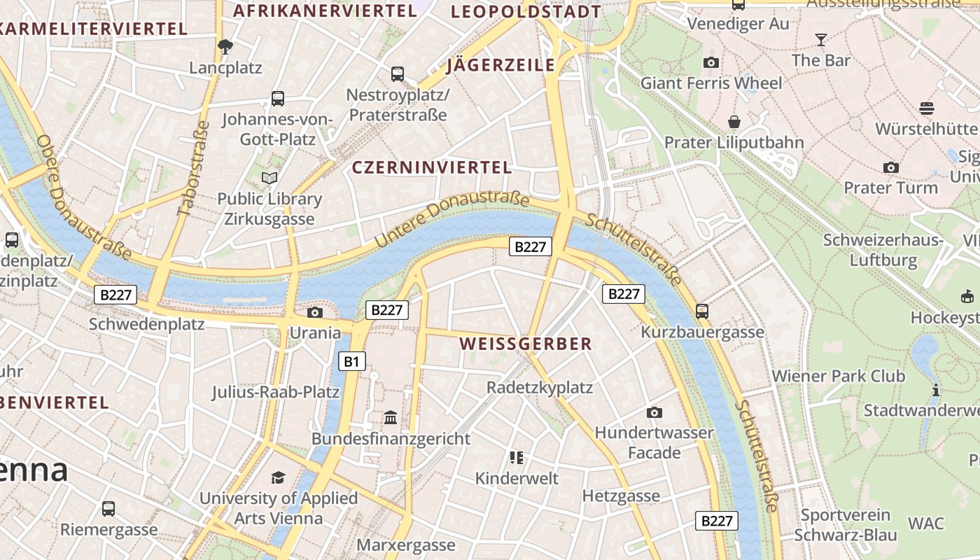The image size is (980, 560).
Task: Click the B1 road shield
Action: [352, 361]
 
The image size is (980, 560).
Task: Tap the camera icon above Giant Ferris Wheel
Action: [711, 62]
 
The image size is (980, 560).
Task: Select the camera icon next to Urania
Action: [315, 312]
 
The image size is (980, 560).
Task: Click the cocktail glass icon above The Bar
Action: [821, 39]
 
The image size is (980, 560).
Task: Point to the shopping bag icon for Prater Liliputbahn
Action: [734, 122]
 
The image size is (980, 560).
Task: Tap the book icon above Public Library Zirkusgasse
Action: [269, 178]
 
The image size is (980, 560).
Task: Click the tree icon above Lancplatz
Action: [225, 47]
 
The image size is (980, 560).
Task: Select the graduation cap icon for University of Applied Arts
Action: [279, 477]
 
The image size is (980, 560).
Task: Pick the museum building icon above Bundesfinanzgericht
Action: [391, 418]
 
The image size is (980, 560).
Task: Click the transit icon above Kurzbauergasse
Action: [702, 311]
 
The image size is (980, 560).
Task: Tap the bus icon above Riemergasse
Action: [108, 508]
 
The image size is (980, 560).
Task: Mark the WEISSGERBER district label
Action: [526, 344]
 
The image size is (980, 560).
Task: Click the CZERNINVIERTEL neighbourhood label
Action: [432, 167]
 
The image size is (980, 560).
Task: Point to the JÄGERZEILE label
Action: [500, 66]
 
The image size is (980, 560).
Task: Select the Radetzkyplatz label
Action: [540, 387]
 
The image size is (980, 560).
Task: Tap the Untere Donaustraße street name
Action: [451, 220]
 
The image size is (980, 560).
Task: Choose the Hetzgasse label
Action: [621, 496]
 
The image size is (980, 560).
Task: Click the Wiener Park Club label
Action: [839, 376]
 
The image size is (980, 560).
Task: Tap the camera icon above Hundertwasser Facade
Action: [654, 412]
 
